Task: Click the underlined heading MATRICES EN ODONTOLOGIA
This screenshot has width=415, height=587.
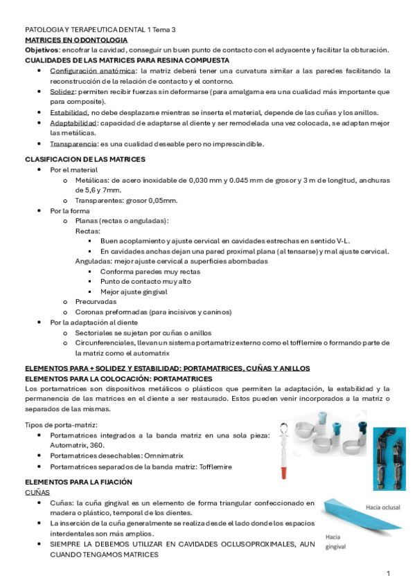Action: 76,40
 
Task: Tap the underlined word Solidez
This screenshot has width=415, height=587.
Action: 63,91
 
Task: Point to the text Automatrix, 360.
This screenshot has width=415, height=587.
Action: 75,446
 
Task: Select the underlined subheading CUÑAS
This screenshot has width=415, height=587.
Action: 36,490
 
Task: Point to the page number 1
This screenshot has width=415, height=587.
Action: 389,573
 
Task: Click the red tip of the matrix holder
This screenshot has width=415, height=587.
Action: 283,473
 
